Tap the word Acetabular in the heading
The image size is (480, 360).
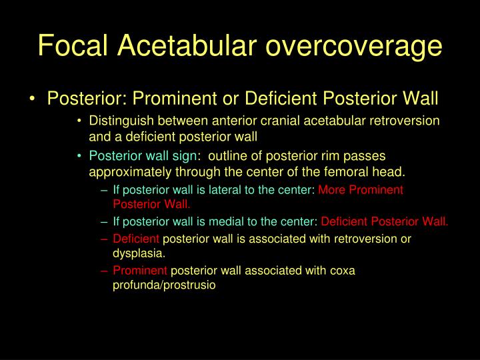pos(189,45)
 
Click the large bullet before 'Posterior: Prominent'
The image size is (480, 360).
pos(33,99)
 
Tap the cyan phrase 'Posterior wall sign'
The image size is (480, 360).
pos(143,157)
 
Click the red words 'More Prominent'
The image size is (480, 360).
pos(361,189)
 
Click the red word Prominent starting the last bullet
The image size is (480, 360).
pos(140,271)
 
